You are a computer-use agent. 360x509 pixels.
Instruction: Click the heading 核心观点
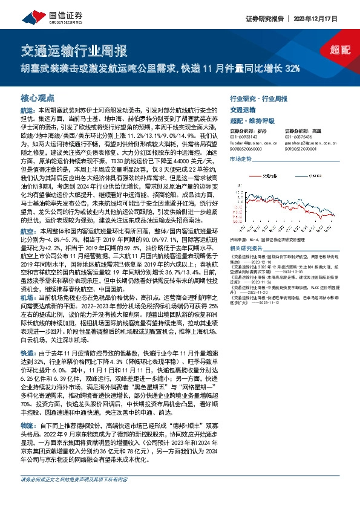coord(38,96)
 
